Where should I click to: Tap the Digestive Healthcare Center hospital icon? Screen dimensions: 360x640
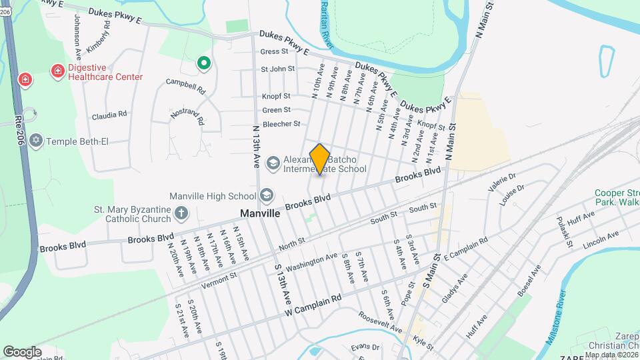[58, 71]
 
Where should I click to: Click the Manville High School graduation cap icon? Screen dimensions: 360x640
[266, 195]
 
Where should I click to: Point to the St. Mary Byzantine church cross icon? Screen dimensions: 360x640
[181, 213]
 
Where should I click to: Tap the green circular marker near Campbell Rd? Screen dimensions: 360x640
[203, 64]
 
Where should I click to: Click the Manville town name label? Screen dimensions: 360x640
[259, 214]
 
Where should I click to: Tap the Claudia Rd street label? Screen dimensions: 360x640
[109, 115]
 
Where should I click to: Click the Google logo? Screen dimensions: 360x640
[22, 351]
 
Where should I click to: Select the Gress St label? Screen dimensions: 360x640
[273, 51]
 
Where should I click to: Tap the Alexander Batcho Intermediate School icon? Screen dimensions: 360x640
[273, 163]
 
